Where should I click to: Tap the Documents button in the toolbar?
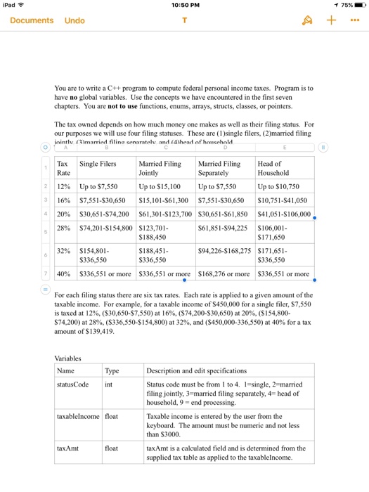[32, 20]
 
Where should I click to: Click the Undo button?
[75, 20]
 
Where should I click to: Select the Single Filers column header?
[98, 164]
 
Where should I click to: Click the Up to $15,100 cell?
[161, 187]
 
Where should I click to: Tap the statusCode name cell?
[73, 384]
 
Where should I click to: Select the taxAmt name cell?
[68, 447]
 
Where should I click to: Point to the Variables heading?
[69, 358]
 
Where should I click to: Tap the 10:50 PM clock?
[185, 6]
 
